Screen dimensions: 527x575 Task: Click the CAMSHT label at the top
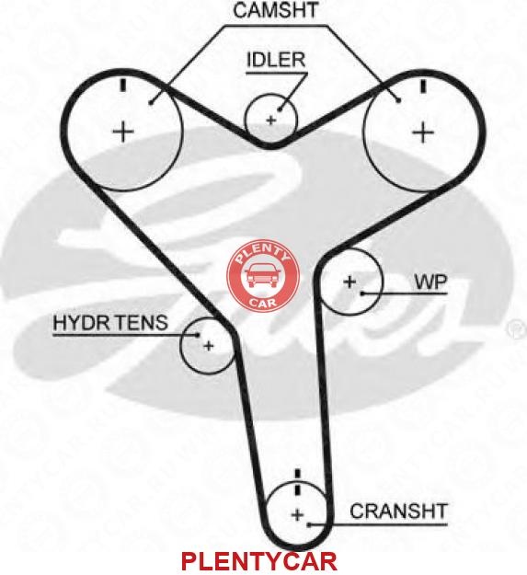click(276, 10)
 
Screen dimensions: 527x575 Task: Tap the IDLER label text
click(276, 60)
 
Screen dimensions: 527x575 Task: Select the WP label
click(430, 282)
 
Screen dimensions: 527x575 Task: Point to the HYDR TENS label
click(110, 323)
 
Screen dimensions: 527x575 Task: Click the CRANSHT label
click(399, 511)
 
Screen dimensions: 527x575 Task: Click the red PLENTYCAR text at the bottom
click(259, 561)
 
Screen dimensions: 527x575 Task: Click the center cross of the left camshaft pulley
click(123, 132)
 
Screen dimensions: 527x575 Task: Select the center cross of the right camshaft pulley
click(423, 132)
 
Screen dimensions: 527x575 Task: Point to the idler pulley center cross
click(270, 120)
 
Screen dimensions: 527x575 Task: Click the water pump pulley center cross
click(349, 282)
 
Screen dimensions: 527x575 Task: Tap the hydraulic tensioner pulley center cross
click(209, 345)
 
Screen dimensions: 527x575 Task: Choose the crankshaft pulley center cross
click(298, 515)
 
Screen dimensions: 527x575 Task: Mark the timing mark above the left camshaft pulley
click(123, 85)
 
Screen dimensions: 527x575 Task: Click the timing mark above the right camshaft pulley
click(423, 86)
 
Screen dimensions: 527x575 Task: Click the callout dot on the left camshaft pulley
click(151, 103)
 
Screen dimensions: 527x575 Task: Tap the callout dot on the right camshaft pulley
click(399, 100)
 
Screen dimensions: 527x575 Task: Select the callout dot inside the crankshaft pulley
click(309, 524)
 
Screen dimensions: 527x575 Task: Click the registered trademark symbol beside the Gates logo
click(516, 329)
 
